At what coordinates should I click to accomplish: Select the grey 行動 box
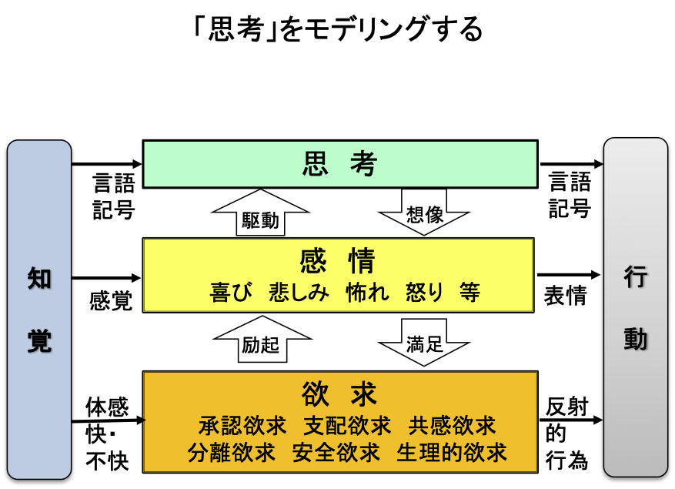[x=635, y=308]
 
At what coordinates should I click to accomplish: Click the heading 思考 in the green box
[x=339, y=164]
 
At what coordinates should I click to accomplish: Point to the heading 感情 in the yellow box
[x=339, y=260]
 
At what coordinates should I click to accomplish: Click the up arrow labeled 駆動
[x=259, y=213]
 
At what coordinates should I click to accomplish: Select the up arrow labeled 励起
[x=260, y=340]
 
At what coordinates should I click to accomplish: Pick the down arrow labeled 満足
[x=424, y=339]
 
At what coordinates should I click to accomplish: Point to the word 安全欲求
[x=336, y=453]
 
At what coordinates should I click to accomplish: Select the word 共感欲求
[x=452, y=425]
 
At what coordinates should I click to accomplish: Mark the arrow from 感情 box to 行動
[x=569, y=275]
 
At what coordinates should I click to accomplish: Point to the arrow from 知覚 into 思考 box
[x=107, y=163]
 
